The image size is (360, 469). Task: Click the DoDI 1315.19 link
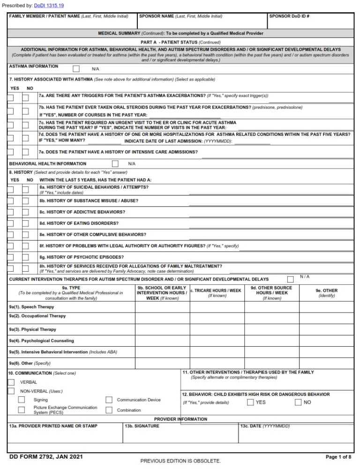[x=49, y=5]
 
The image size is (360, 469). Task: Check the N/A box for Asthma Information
[x=76, y=68]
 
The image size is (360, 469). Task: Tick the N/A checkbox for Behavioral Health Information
[x=115, y=164]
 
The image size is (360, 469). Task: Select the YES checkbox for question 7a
[x=11, y=97]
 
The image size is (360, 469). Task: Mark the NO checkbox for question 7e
[x=26, y=152]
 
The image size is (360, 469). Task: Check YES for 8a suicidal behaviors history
[x=11, y=189]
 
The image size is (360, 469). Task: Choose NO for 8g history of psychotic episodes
[x=26, y=257]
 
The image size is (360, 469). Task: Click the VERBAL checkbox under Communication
[x=11, y=382]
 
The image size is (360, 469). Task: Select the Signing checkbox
[x=22, y=400]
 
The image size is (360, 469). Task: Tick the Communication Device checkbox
[x=109, y=400]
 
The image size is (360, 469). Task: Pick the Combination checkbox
[x=109, y=410]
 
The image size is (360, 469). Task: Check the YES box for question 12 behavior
[x=251, y=402]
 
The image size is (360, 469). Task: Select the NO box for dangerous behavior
[x=298, y=402]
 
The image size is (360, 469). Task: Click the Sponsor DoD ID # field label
[x=289, y=16]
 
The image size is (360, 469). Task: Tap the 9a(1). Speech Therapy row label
[x=31, y=307]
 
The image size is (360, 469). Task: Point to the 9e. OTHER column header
[x=326, y=290]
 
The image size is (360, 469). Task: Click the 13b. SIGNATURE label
[x=142, y=426]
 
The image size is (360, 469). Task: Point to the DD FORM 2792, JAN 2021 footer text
[x=40, y=456]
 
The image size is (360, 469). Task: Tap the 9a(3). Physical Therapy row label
[x=32, y=329]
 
